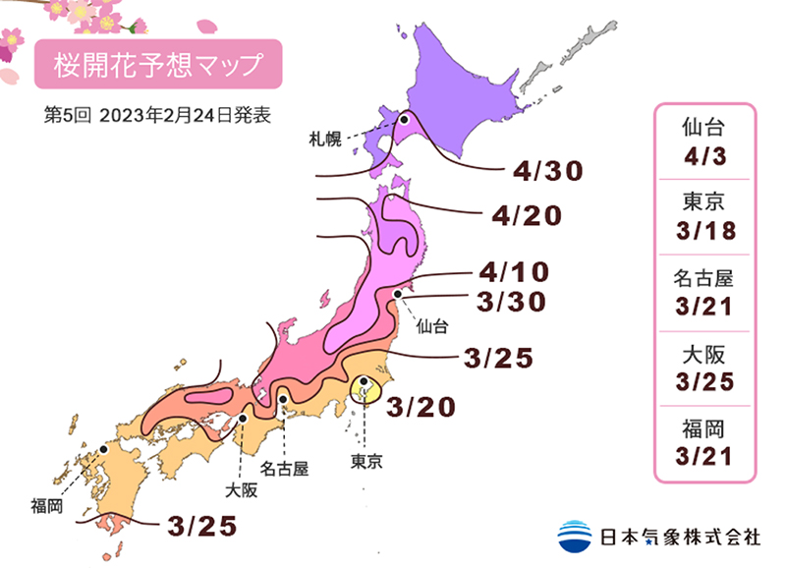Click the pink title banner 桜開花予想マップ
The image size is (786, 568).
click(x=158, y=66)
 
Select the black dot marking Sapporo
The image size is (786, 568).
click(x=403, y=119)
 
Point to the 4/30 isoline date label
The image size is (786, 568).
click(x=548, y=171)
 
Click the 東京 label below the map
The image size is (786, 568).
click(x=367, y=459)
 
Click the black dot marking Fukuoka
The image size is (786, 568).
click(x=103, y=449)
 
